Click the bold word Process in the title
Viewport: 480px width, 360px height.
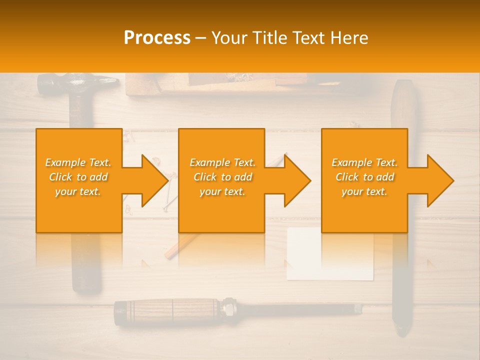click(x=157, y=38)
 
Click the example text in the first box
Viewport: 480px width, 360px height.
click(x=78, y=177)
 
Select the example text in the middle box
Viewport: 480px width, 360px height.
click(x=222, y=177)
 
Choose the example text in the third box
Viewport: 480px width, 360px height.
click(x=364, y=177)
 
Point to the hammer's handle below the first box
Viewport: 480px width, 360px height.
click(x=86, y=265)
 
